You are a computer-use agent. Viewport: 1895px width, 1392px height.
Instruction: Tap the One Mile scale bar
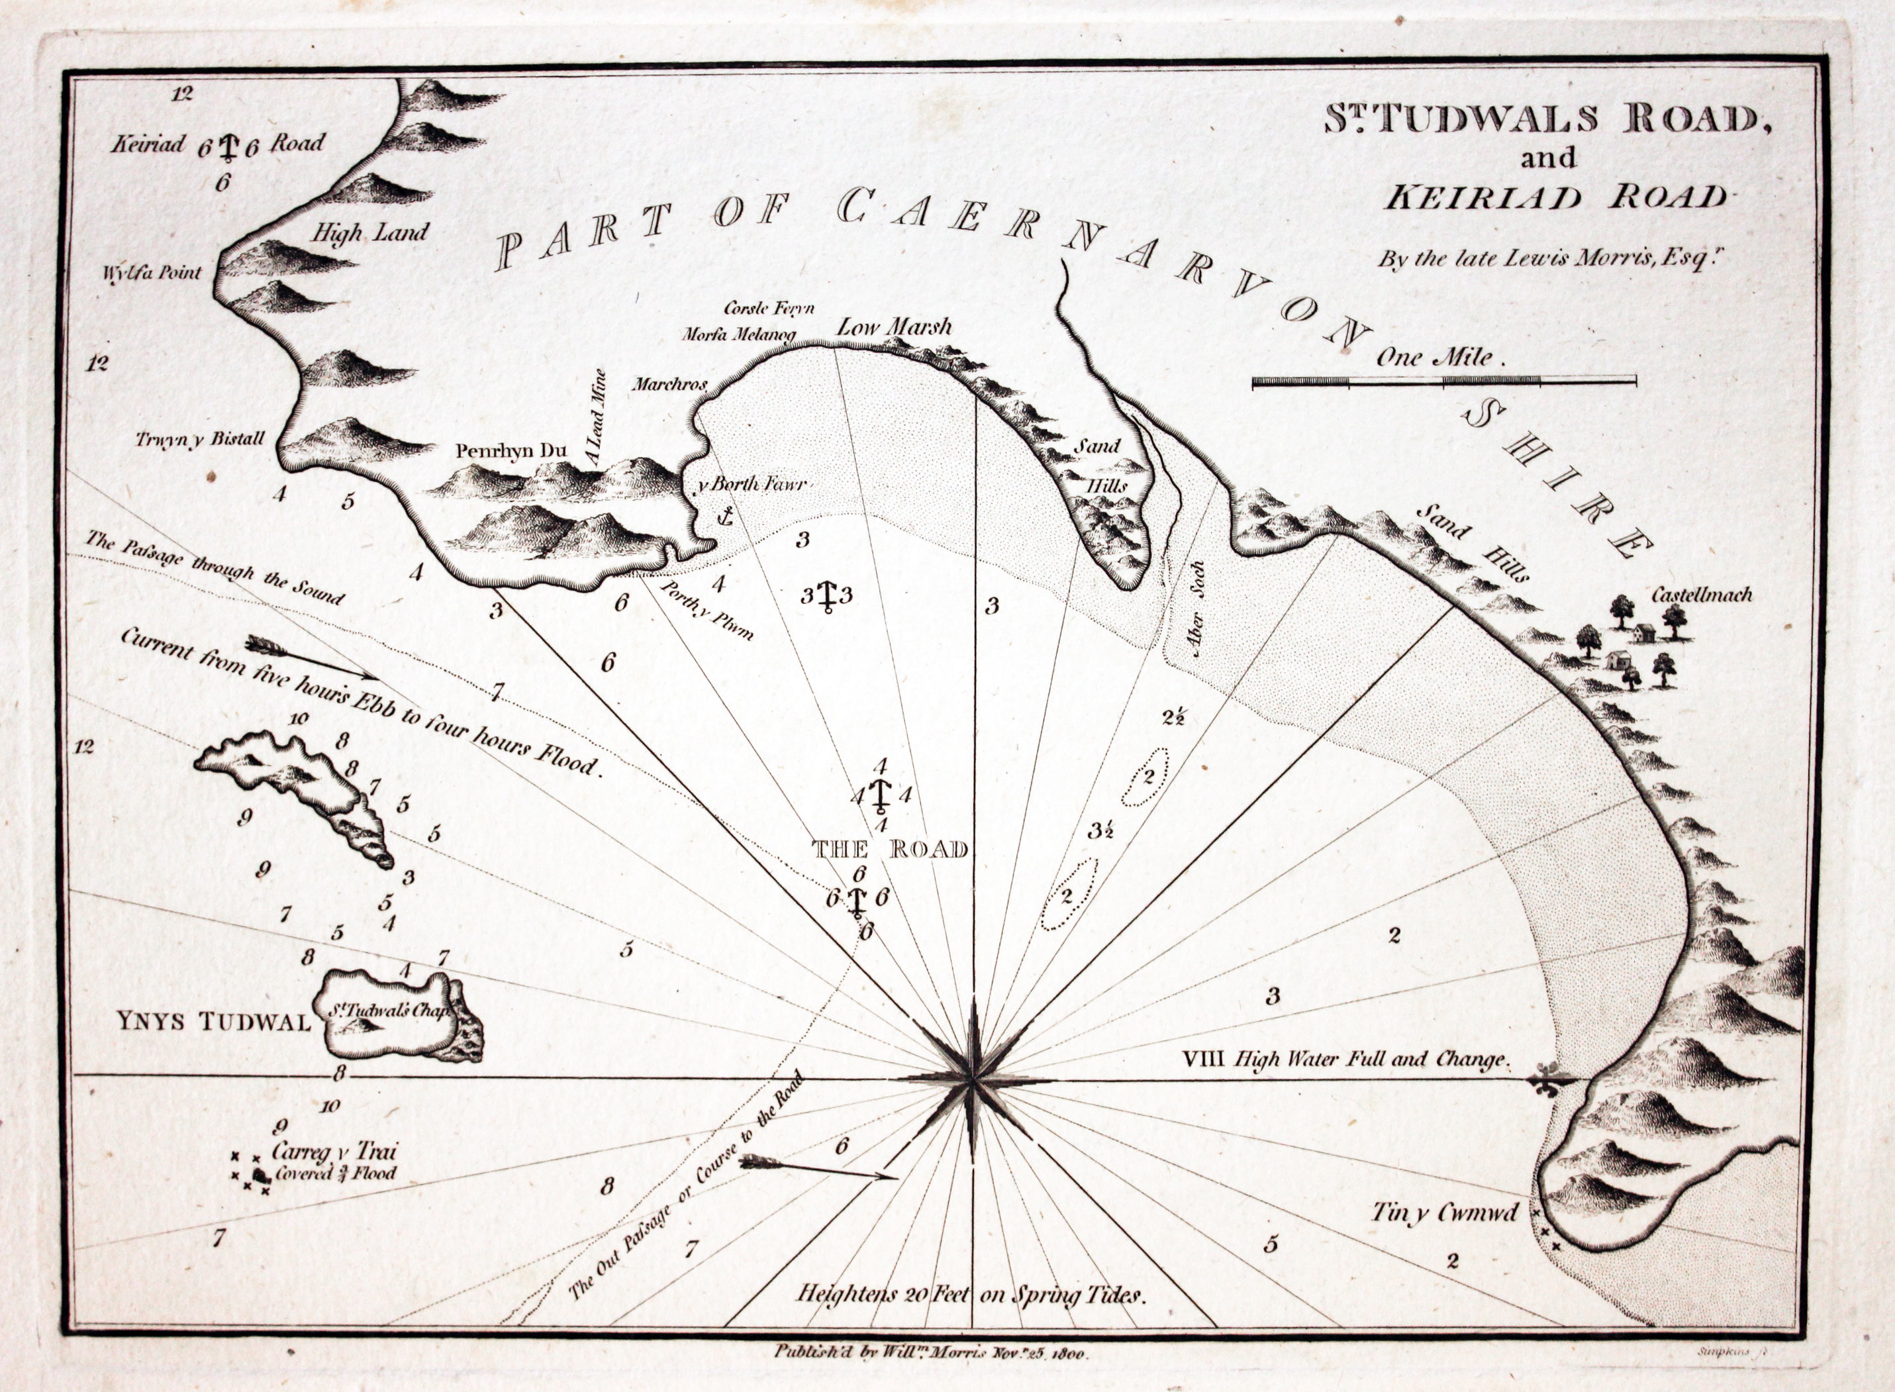pyautogui.click(x=1443, y=381)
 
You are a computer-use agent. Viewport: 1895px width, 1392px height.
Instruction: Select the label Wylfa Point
pyautogui.click(x=152, y=273)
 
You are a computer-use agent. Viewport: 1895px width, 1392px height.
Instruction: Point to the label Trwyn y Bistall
pyautogui.click(x=201, y=439)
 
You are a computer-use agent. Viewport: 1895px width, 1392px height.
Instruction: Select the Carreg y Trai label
pyautogui.click(x=334, y=1151)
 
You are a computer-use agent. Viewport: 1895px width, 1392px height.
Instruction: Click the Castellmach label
pyautogui.click(x=1701, y=595)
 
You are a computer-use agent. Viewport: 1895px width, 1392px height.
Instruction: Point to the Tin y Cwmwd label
pyautogui.click(x=1444, y=1213)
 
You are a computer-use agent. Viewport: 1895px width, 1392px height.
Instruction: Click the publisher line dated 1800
pyautogui.click(x=931, y=1352)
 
